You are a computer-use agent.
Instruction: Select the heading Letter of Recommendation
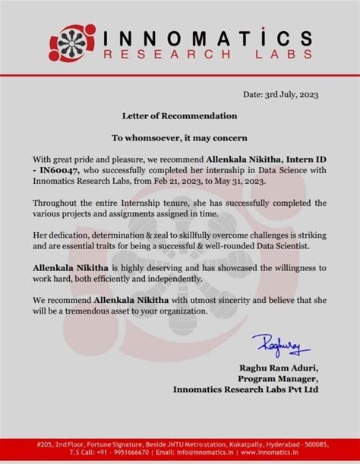180,115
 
